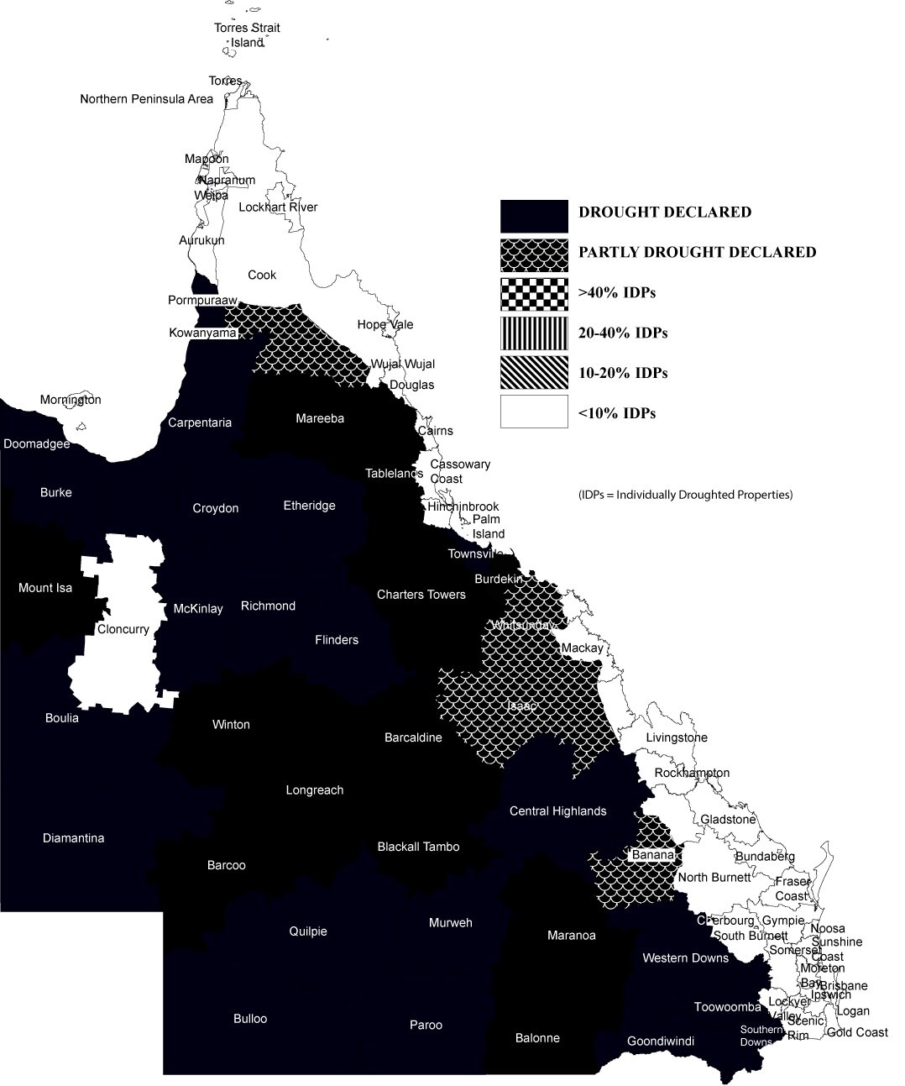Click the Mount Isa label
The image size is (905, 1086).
(x=45, y=588)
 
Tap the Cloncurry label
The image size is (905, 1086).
(x=123, y=629)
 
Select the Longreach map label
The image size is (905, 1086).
(x=314, y=790)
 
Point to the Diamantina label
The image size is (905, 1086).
(x=73, y=837)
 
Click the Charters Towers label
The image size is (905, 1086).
(x=421, y=595)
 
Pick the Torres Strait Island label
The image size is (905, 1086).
(x=247, y=35)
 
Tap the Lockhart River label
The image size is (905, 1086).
(x=278, y=207)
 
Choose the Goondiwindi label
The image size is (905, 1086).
(x=661, y=1041)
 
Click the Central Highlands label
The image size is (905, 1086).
(x=557, y=811)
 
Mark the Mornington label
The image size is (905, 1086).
(x=71, y=400)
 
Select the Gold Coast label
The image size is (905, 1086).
(x=857, y=1031)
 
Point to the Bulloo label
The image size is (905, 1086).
(x=250, y=1019)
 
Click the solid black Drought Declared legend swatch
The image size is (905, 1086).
(x=534, y=216)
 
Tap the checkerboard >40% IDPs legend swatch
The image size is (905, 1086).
(x=534, y=294)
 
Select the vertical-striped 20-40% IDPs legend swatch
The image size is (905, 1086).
(x=534, y=333)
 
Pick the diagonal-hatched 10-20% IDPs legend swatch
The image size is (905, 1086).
(x=534, y=373)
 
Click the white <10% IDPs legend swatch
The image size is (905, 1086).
(x=534, y=412)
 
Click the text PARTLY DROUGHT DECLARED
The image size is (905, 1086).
(x=697, y=252)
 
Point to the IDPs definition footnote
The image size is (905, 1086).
(x=685, y=494)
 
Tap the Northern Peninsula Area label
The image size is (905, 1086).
(x=146, y=99)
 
